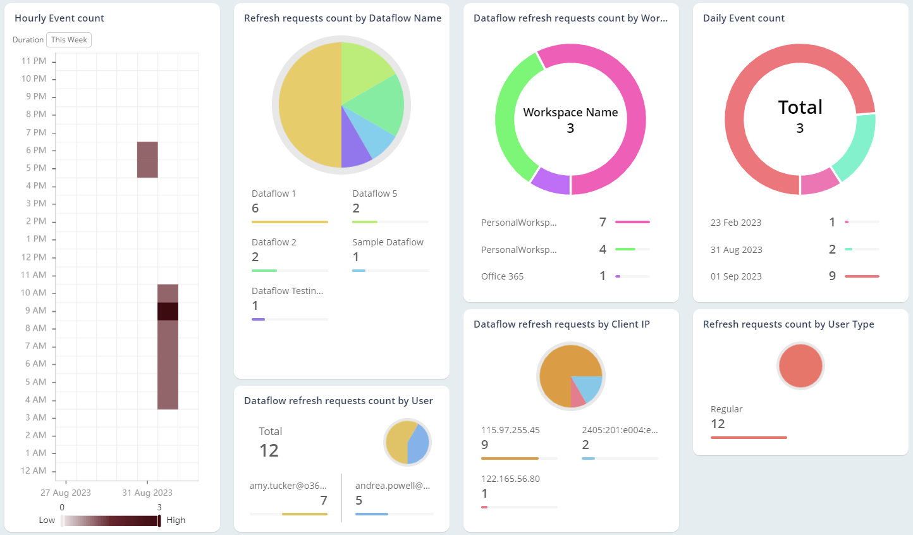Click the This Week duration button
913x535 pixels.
(x=69, y=40)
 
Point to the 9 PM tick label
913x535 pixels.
(x=35, y=97)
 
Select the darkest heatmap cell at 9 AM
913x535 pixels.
(x=168, y=311)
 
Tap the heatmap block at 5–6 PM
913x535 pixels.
(x=147, y=159)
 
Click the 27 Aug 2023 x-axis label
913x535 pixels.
(x=66, y=493)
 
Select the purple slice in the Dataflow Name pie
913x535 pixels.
(x=355, y=146)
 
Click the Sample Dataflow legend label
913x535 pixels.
(x=388, y=242)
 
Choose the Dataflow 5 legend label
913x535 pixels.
(x=374, y=194)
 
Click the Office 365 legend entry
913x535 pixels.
(x=502, y=276)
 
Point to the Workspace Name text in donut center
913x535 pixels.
(x=570, y=113)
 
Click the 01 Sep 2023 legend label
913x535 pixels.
(x=736, y=276)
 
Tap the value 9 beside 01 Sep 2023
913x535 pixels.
(x=832, y=276)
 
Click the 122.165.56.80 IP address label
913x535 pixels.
(x=510, y=479)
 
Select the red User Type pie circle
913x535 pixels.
(x=800, y=366)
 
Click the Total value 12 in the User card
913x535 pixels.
(x=269, y=450)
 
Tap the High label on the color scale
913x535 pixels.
(x=176, y=520)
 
